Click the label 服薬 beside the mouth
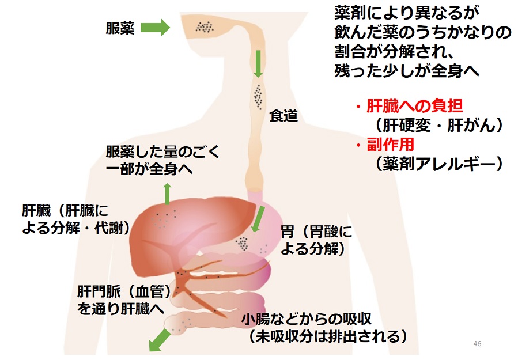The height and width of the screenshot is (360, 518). click(x=120, y=28)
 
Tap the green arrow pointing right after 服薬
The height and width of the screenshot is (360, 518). click(x=154, y=27)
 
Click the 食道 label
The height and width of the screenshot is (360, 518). click(x=283, y=116)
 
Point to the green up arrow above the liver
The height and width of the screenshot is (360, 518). click(x=168, y=194)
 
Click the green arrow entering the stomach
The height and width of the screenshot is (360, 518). click(x=259, y=217)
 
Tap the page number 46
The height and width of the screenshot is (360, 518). click(x=477, y=344)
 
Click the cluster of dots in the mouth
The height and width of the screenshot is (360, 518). click(x=205, y=26)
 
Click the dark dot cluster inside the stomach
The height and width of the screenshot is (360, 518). click(x=243, y=243)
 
